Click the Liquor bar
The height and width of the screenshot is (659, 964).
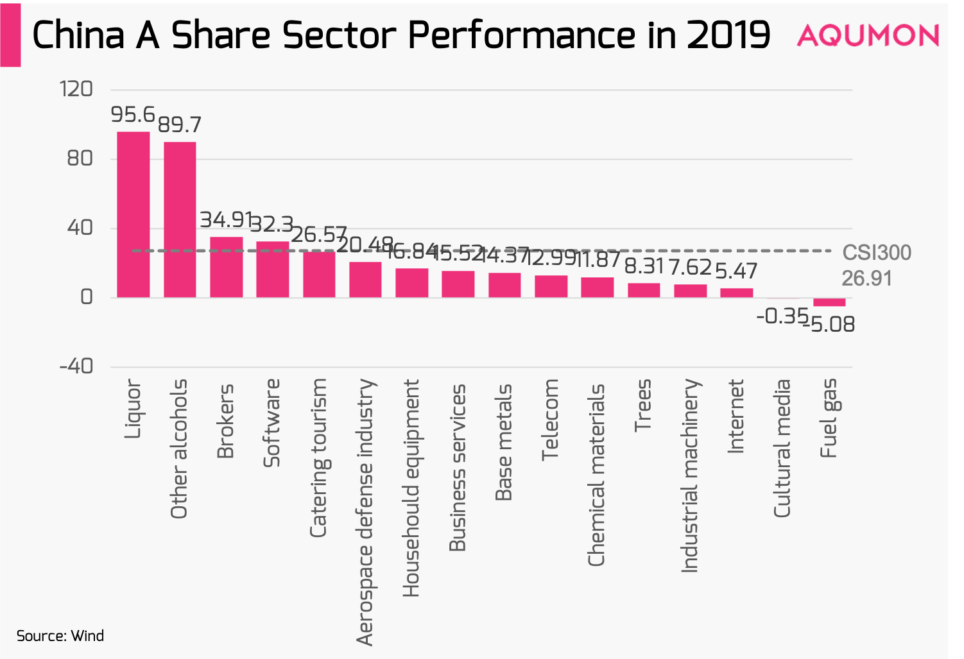click(133, 214)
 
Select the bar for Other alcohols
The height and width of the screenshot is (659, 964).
click(180, 219)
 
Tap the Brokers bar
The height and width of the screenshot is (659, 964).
click(227, 267)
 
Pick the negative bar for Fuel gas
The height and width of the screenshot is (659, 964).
click(829, 302)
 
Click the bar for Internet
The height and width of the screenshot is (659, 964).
click(736, 293)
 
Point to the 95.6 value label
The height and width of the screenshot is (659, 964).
click(133, 115)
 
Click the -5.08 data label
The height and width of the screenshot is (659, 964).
click(832, 325)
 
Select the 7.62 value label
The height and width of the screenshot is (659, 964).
click(691, 267)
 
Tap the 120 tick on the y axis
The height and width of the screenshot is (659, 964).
click(76, 89)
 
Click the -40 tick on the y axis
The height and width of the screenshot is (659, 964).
click(76, 366)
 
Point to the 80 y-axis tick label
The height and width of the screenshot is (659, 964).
click(80, 158)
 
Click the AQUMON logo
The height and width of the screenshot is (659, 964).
click(868, 35)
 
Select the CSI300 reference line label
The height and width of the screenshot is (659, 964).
click(877, 253)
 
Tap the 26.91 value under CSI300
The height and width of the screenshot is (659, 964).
click(866, 278)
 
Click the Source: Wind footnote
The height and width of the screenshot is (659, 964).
click(60, 636)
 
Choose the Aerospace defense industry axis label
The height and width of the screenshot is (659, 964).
click(365, 512)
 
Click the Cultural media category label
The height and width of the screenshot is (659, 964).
click(782, 449)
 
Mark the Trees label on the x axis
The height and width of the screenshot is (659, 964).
click(643, 406)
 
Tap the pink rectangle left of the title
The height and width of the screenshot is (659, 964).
click(10, 35)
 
